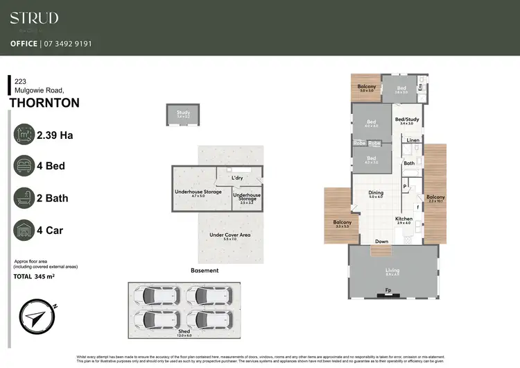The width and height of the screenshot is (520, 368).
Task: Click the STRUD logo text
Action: tap(34, 18)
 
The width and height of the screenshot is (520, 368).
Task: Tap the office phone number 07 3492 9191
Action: tap(70, 44)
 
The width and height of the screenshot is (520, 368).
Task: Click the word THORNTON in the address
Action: tap(44, 103)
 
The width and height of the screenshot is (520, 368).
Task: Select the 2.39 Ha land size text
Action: tap(55, 135)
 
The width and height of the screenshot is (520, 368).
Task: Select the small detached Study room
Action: tap(183, 115)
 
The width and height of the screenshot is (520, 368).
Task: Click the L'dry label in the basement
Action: tap(237, 178)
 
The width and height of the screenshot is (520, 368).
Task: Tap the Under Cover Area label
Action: tap(229, 235)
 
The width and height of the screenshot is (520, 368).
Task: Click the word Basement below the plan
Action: tap(205, 270)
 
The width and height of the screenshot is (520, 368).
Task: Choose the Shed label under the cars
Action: tap(184, 332)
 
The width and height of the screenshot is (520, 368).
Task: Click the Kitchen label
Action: tap(404, 219)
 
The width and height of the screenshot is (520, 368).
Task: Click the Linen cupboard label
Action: tap(413, 140)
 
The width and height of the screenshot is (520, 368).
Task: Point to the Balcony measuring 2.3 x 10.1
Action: tap(435, 197)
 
